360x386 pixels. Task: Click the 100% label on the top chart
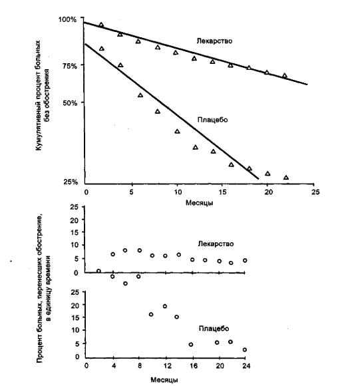pyautogui.click(x=67, y=19)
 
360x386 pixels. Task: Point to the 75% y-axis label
pyautogui.click(x=69, y=66)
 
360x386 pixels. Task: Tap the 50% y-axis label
pyautogui.click(x=70, y=102)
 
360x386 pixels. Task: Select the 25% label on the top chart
pyautogui.click(x=71, y=182)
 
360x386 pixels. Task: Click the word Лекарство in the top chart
pyautogui.click(x=214, y=41)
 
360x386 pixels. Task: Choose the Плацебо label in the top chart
pyautogui.click(x=212, y=120)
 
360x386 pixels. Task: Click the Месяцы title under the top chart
pyautogui.click(x=199, y=203)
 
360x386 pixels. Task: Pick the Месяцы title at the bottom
pyautogui.click(x=164, y=379)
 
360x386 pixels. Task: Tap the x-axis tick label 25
pyautogui.click(x=315, y=192)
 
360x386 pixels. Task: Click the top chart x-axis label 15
pyautogui.click(x=222, y=192)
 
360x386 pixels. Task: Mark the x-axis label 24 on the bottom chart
pyautogui.click(x=246, y=366)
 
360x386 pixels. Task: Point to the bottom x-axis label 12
pyautogui.click(x=167, y=366)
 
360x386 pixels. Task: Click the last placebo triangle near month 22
pyautogui.click(x=286, y=177)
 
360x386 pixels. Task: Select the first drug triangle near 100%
pyautogui.click(x=101, y=25)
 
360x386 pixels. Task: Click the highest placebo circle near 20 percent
pyautogui.click(x=165, y=306)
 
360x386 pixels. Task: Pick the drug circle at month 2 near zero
pyautogui.click(x=98, y=271)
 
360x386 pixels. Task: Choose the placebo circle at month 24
pyautogui.click(x=245, y=350)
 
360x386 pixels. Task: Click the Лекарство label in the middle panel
pyautogui.click(x=216, y=244)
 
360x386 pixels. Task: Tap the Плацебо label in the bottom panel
pyautogui.click(x=214, y=329)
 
